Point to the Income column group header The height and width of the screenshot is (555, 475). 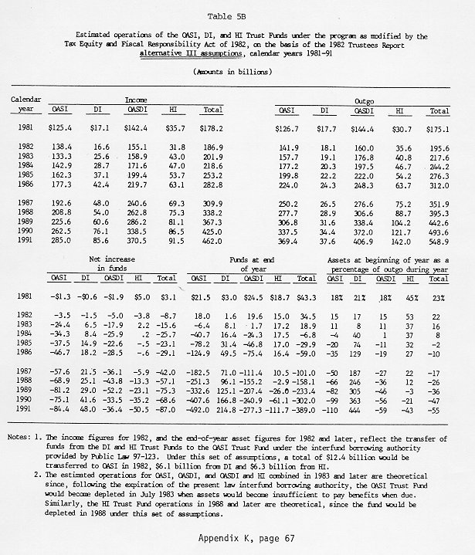pos(136,100)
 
